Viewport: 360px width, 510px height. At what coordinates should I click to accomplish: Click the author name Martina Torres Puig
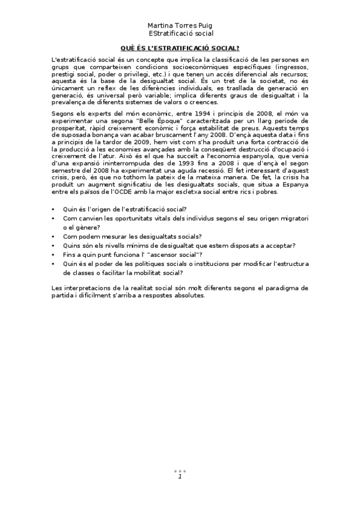tap(180, 26)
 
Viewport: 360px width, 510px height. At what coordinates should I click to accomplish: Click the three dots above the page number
tap(180, 471)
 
